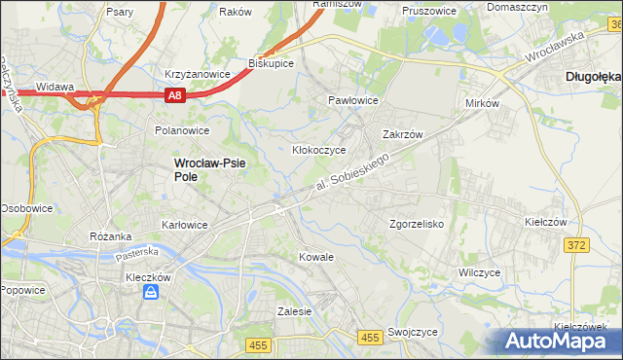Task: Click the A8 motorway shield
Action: pos(174,95)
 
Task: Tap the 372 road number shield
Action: pos(575,245)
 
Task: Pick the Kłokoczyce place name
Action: pos(320,151)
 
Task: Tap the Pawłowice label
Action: pos(352,100)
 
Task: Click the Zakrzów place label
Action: pos(401,135)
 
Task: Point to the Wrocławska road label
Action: pos(552,45)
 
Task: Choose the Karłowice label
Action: pos(184,225)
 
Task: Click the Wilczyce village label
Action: pos(480,272)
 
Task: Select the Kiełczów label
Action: pos(545,223)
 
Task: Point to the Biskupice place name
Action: pos(272,62)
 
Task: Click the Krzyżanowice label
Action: pos(197,74)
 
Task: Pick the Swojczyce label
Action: pos(412,332)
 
